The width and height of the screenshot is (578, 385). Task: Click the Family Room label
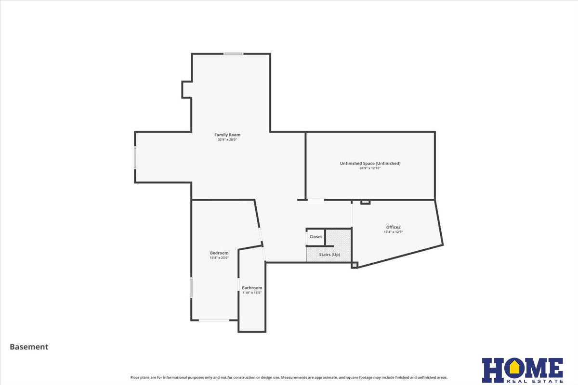227,135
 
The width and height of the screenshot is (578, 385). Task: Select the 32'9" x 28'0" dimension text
227,140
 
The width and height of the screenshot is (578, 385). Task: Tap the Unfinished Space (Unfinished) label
370,164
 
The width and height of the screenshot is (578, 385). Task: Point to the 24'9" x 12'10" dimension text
370,168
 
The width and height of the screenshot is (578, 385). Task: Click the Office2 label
393,227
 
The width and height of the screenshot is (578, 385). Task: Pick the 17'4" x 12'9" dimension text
393,232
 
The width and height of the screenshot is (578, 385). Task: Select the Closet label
315,237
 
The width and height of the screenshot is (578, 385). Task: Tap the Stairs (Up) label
329,255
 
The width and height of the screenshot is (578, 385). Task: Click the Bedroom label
219,253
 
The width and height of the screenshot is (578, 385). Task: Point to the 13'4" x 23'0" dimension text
219,258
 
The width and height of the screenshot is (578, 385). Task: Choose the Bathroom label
252,288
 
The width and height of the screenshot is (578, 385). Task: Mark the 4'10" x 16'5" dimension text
252,293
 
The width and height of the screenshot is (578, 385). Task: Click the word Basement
29,347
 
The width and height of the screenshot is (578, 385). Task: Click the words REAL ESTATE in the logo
534,381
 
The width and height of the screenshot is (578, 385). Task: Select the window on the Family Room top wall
233,54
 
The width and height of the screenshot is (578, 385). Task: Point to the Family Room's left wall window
135,157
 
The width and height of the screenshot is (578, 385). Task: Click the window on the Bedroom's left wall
191,287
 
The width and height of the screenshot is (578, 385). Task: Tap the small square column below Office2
355,265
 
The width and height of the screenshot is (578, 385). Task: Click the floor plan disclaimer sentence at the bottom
289,377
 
